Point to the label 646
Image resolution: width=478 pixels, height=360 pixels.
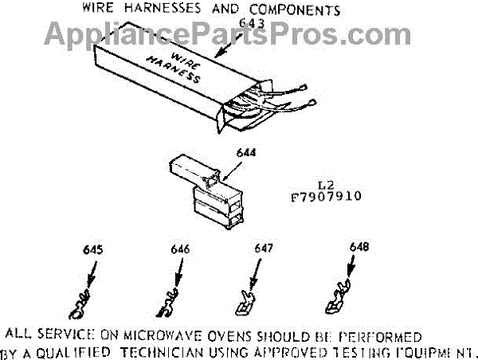coord(180,249)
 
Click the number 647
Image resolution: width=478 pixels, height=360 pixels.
coord(264,249)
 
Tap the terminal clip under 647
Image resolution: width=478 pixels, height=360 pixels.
coord(245,301)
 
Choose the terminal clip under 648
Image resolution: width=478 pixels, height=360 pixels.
coord(335,299)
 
